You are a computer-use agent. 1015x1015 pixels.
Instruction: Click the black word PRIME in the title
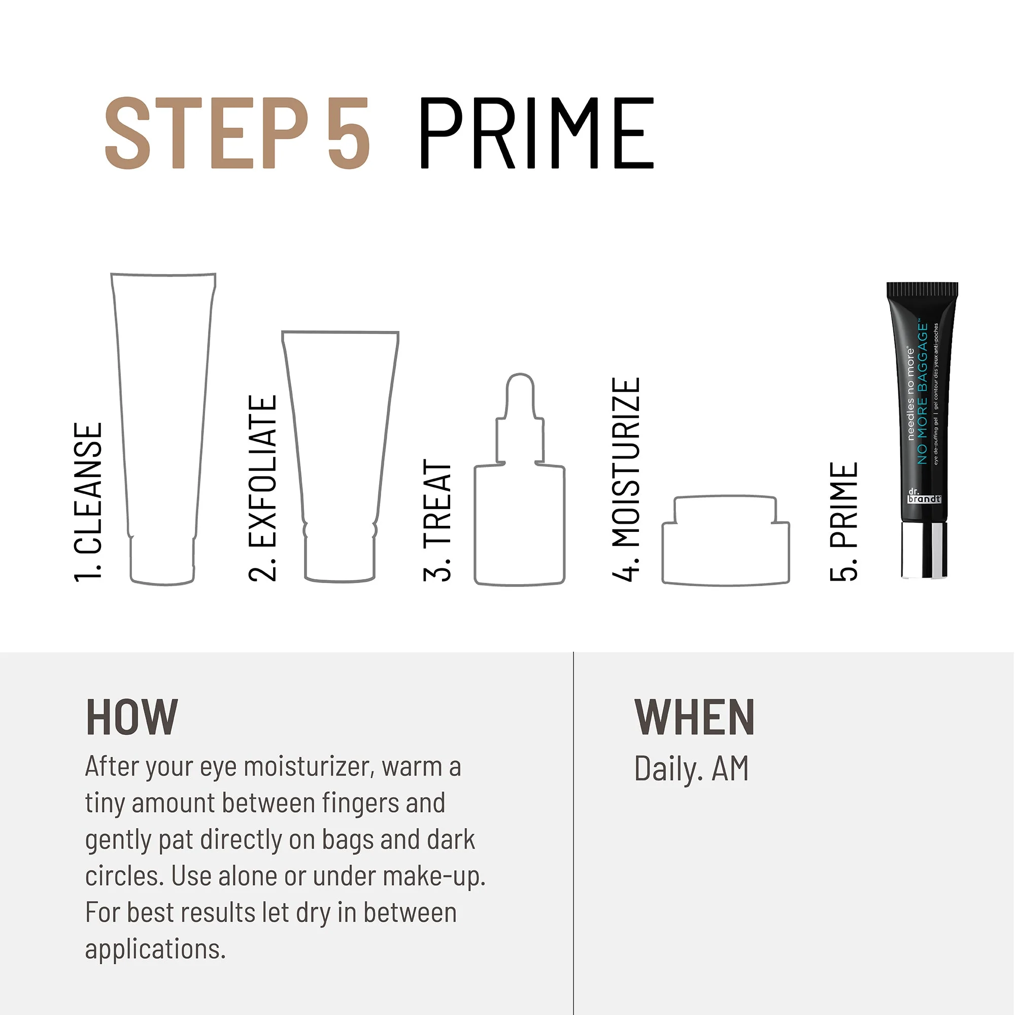coord(536,133)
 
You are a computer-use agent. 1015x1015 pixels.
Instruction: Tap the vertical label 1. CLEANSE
coord(88,502)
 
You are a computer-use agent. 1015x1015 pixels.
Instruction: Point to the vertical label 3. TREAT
coord(437,520)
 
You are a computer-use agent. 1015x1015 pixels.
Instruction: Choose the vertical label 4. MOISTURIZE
coord(626,479)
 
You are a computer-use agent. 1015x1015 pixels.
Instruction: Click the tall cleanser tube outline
coord(163,420)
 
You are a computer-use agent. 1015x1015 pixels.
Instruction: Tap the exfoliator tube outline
coord(341,447)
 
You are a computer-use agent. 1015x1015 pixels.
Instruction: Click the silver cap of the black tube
coord(925,550)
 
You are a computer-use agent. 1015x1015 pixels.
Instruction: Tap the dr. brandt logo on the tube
coord(924,496)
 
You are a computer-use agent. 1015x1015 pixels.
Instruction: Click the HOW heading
coord(132,718)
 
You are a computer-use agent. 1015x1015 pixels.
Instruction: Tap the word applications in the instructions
coord(155,950)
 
